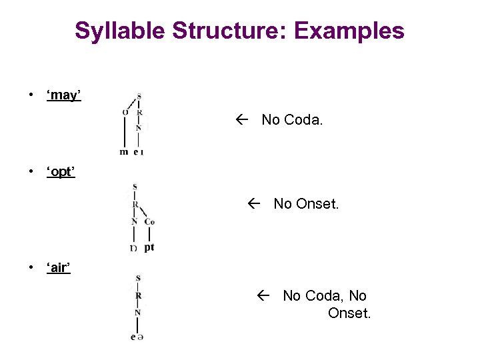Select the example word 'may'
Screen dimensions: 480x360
pos(64,95)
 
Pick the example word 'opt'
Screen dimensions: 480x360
pos(61,173)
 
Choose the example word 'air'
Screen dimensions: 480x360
pos(59,269)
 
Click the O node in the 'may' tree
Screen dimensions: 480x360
pos(125,112)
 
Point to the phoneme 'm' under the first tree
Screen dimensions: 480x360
pos(124,152)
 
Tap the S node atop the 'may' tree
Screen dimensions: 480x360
pos(139,96)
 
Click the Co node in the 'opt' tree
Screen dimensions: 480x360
pos(149,221)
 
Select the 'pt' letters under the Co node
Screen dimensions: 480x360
pos(149,247)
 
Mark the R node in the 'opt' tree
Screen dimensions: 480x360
pos(135,204)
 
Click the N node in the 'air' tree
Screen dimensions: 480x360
pos(138,312)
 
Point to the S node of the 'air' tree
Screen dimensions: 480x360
pos(138,278)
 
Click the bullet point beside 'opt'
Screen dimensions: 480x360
pos(31,173)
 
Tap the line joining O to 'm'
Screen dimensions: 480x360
pos(125,132)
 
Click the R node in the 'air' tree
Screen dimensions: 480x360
pos(138,295)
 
